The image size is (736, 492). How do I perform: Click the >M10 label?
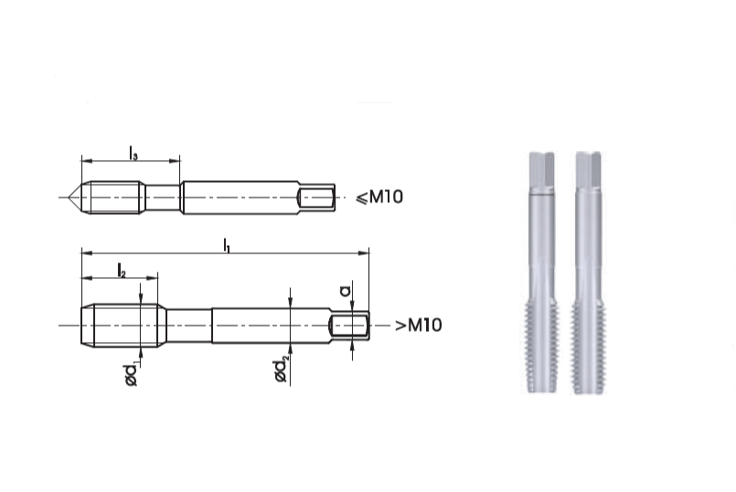click(418, 326)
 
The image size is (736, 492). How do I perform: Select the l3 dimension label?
click(133, 153)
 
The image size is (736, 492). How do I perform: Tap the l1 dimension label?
click(226, 244)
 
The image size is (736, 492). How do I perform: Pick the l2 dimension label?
click(121, 269)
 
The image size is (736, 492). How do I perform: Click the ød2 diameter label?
click(281, 369)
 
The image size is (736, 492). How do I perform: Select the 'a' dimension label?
click(345, 290)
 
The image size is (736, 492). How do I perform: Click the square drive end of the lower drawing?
click(351, 326)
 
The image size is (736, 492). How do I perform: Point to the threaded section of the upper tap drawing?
click(113, 197)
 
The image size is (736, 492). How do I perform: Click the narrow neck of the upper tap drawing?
click(163, 197)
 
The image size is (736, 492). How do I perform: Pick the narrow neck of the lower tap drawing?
click(188, 326)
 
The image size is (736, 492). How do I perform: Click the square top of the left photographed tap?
click(542, 169)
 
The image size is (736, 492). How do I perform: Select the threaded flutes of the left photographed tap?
click(542, 348)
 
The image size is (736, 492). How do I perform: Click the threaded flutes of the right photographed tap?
click(588, 348)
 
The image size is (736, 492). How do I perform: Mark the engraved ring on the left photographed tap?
click(542, 194)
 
